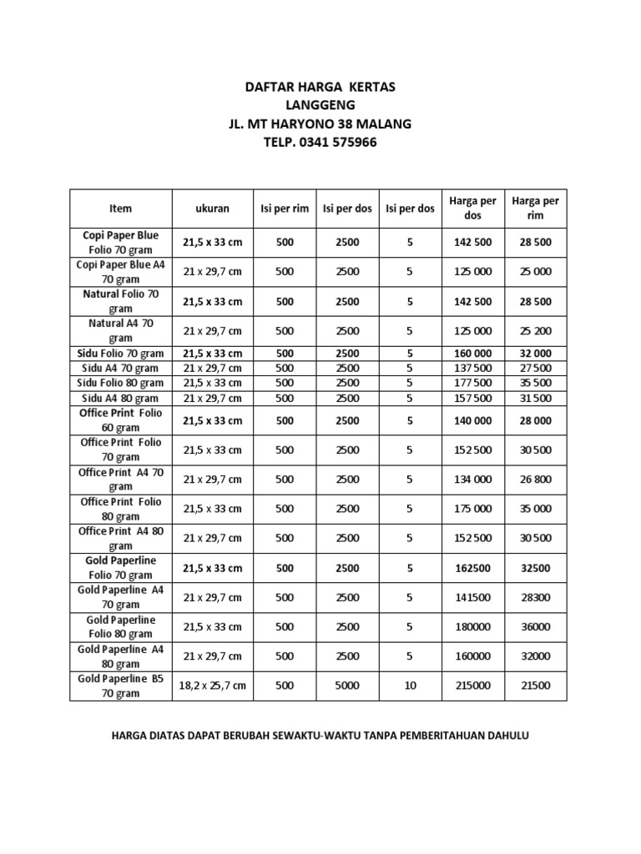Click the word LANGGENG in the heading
pyautogui.click(x=320, y=105)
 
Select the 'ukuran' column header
pyautogui.click(x=212, y=208)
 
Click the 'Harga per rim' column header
pyautogui.click(x=536, y=208)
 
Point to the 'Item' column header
pyautogui.click(x=120, y=208)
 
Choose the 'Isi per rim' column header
pyautogui.click(x=285, y=208)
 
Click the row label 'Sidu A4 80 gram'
pyautogui.click(x=120, y=398)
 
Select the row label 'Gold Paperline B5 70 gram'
pyautogui.click(x=120, y=686)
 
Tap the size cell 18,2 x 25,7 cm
pyautogui.click(x=212, y=686)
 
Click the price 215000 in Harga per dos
pyautogui.click(x=472, y=686)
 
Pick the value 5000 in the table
pyautogui.click(x=347, y=686)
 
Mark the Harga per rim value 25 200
pyautogui.click(x=536, y=331)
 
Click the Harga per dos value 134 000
pyautogui.click(x=472, y=480)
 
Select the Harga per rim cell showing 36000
pyautogui.click(x=536, y=627)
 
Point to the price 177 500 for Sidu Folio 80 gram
pyautogui.click(x=472, y=383)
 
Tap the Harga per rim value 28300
pyautogui.click(x=536, y=598)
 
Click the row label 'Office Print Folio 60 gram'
pyautogui.click(x=120, y=420)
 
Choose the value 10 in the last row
pyautogui.click(x=409, y=686)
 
